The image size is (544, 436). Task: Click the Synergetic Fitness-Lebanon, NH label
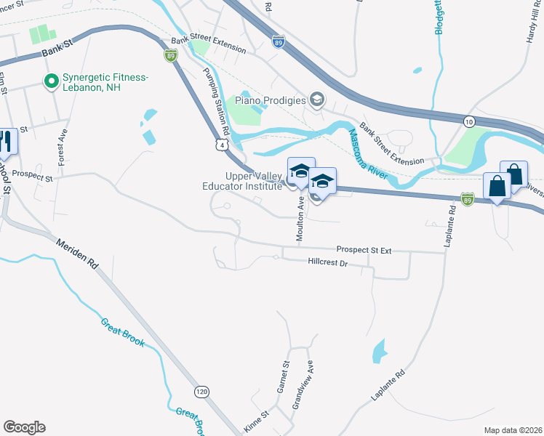[x=105, y=82]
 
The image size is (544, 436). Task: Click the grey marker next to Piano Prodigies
[x=316, y=99]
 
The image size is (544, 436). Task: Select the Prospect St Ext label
[x=364, y=250]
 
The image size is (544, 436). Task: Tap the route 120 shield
[x=203, y=392]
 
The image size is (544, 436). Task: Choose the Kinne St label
[x=256, y=421]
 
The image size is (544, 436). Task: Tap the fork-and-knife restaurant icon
[x=7, y=142]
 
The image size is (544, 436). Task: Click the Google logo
[x=24, y=427]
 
